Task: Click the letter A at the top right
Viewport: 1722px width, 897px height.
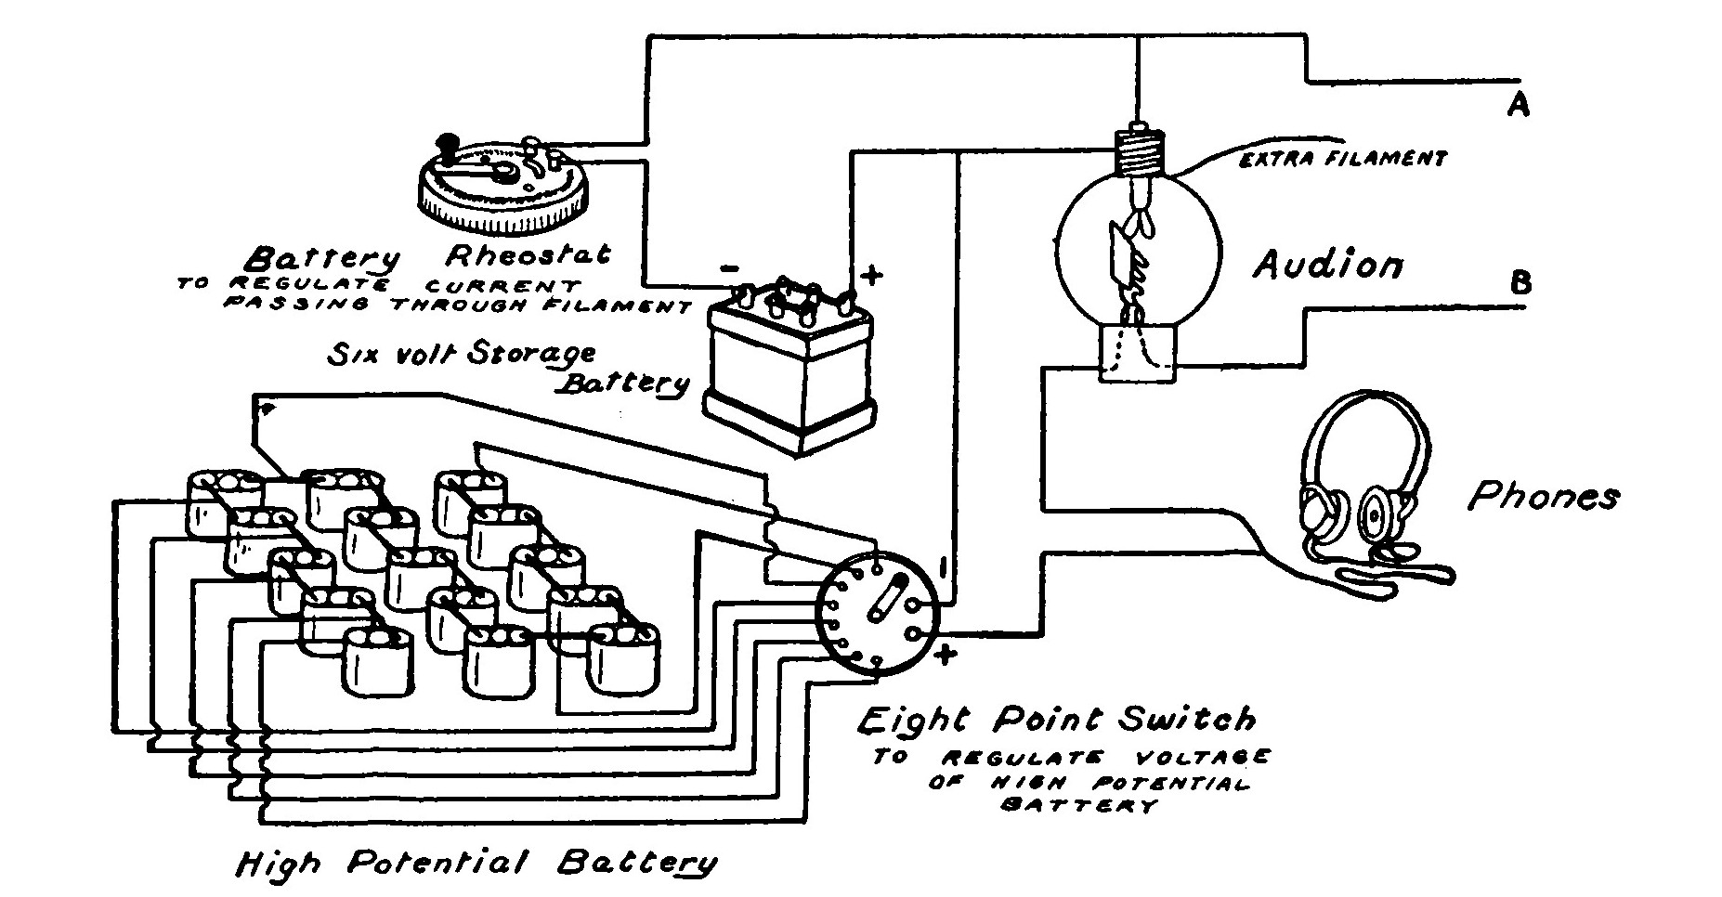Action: (x=1518, y=107)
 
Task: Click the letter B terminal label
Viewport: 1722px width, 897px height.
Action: (x=1520, y=282)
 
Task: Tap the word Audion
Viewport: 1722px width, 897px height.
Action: (x=1328, y=266)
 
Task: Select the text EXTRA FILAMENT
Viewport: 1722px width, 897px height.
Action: (x=1342, y=160)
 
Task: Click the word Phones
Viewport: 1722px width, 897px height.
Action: (x=1543, y=497)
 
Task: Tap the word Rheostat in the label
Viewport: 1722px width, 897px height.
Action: (x=528, y=253)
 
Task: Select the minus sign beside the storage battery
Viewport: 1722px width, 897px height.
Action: (x=730, y=269)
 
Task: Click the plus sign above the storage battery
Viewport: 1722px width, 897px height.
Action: (x=871, y=274)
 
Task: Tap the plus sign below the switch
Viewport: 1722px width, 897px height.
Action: (x=945, y=656)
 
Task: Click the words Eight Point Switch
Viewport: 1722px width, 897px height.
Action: (x=1055, y=720)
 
